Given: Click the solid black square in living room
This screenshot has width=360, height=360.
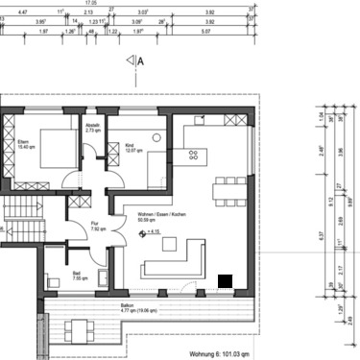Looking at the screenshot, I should (226, 279).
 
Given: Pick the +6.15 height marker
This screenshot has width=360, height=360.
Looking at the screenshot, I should (151, 231).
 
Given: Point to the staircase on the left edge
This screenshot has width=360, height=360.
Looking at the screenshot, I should (15, 216).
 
